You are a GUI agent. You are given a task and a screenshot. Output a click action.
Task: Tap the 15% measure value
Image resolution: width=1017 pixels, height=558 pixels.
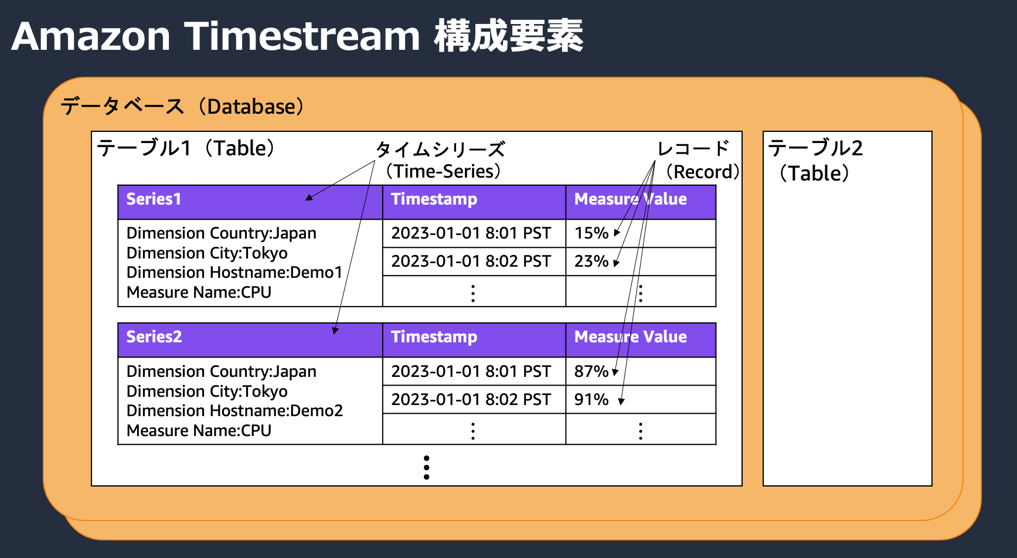(x=591, y=233)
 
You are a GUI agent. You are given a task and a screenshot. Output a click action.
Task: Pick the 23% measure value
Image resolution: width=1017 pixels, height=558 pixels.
(x=591, y=261)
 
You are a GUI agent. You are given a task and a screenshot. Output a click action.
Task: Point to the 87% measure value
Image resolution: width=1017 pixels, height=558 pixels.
(x=591, y=372)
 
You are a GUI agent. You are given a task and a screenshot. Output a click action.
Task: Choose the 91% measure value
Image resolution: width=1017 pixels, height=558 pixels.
(x=591, y=400)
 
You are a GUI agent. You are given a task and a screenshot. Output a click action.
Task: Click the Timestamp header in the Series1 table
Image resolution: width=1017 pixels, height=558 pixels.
(x=434, y=199)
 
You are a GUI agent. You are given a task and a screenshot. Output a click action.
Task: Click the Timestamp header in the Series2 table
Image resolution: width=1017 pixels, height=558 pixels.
(x=434, y=337)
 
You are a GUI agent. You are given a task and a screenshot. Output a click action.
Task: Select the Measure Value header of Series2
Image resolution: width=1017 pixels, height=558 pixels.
(x=630, y=337)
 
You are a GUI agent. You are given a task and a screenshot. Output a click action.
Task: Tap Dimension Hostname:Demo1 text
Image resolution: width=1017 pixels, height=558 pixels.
(x=234, y=273)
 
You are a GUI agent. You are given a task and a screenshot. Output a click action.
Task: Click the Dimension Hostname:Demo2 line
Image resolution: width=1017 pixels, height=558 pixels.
(x=234, y=411)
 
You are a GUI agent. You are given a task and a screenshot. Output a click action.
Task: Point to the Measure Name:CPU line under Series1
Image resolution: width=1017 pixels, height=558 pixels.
(x=199, y=292)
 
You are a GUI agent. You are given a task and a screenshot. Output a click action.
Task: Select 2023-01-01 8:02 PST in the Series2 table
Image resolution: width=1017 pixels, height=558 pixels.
(x=471, y=400)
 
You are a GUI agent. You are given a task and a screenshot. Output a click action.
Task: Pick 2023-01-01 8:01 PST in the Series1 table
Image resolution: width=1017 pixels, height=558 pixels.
(x=471, y=233)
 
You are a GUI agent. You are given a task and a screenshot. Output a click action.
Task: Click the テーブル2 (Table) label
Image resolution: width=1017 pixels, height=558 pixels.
(x=815, y=160)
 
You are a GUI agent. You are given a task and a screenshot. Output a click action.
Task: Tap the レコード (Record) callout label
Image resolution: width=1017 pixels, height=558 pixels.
(x=698, y=160)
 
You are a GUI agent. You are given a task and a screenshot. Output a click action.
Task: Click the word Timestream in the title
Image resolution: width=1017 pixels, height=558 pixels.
(x=302, y=36)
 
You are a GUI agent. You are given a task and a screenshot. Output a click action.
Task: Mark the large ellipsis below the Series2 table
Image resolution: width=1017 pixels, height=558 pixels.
(x=426, y=468)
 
